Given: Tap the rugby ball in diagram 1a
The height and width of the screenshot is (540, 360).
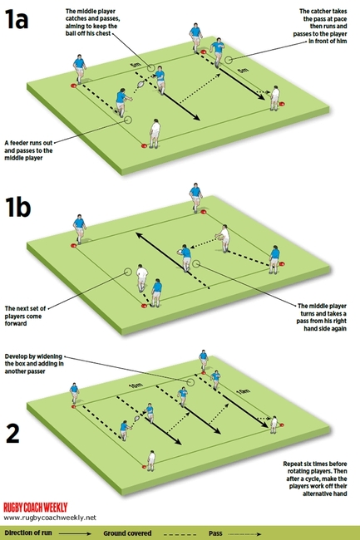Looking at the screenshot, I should click(x=141, y=84).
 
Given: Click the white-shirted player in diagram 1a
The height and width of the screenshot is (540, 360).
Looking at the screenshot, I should click(x=154, y=132).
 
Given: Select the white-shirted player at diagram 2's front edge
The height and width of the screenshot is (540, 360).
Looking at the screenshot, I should click(x=150, y=459).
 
